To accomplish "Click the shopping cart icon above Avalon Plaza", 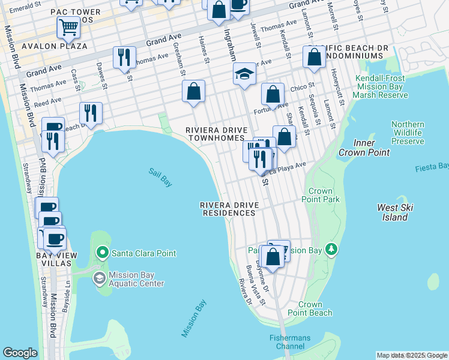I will click(x=68, y=27).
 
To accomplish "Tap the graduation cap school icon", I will click(x=244, y=74).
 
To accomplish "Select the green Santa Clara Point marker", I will click(x=103, y=253).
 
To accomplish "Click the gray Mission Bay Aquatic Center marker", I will click(x=99, y=278).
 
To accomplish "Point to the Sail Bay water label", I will click(x=160, y=177).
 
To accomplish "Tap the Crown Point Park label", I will click(x=321, y=195).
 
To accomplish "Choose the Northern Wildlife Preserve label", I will click(x=408, y=133).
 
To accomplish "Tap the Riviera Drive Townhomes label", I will click(x=215, y=134).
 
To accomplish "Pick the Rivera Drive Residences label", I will click(x=230, y=209).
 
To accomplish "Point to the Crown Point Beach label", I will click(x=310, y=309).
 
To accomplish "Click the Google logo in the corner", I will click(x=20, y=353).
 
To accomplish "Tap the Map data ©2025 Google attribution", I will click(x=411, y=355).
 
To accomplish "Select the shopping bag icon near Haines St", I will click(x=194, y=92).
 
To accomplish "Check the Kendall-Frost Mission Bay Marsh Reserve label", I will click(x=382, y=86).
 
